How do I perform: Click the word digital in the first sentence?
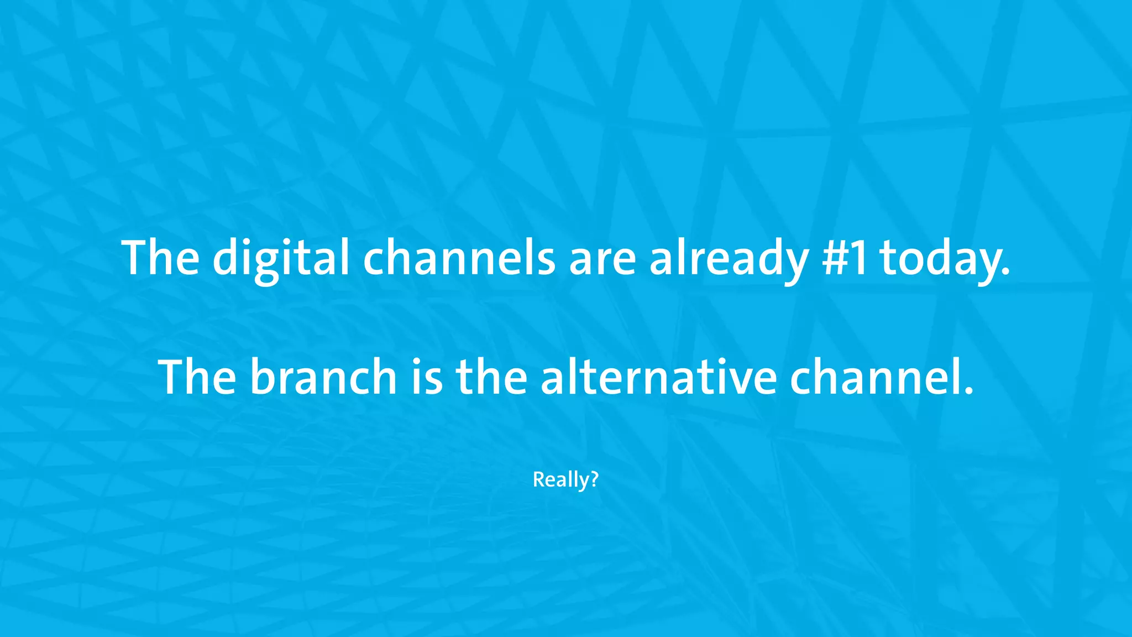[281, 258]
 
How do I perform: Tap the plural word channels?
[459, 258]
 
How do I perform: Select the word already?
[729, 258]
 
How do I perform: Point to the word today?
[940, 258]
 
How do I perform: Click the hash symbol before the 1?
[834, 258]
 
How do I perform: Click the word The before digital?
[161, 258]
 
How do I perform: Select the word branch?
[323, 377]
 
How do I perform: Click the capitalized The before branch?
[197, 377]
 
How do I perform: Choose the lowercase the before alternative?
[491, 377]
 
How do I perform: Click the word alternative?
[658, 377]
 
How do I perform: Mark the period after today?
[1005, 273]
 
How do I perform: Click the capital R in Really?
[537, 479]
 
